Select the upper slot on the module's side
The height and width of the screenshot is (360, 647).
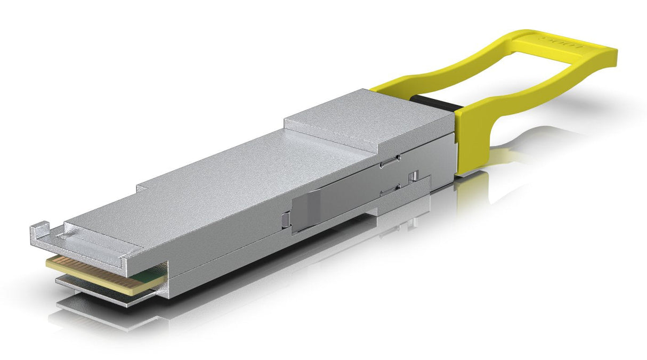click(390, 160)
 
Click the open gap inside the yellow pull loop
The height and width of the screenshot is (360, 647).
click(506, 80)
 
